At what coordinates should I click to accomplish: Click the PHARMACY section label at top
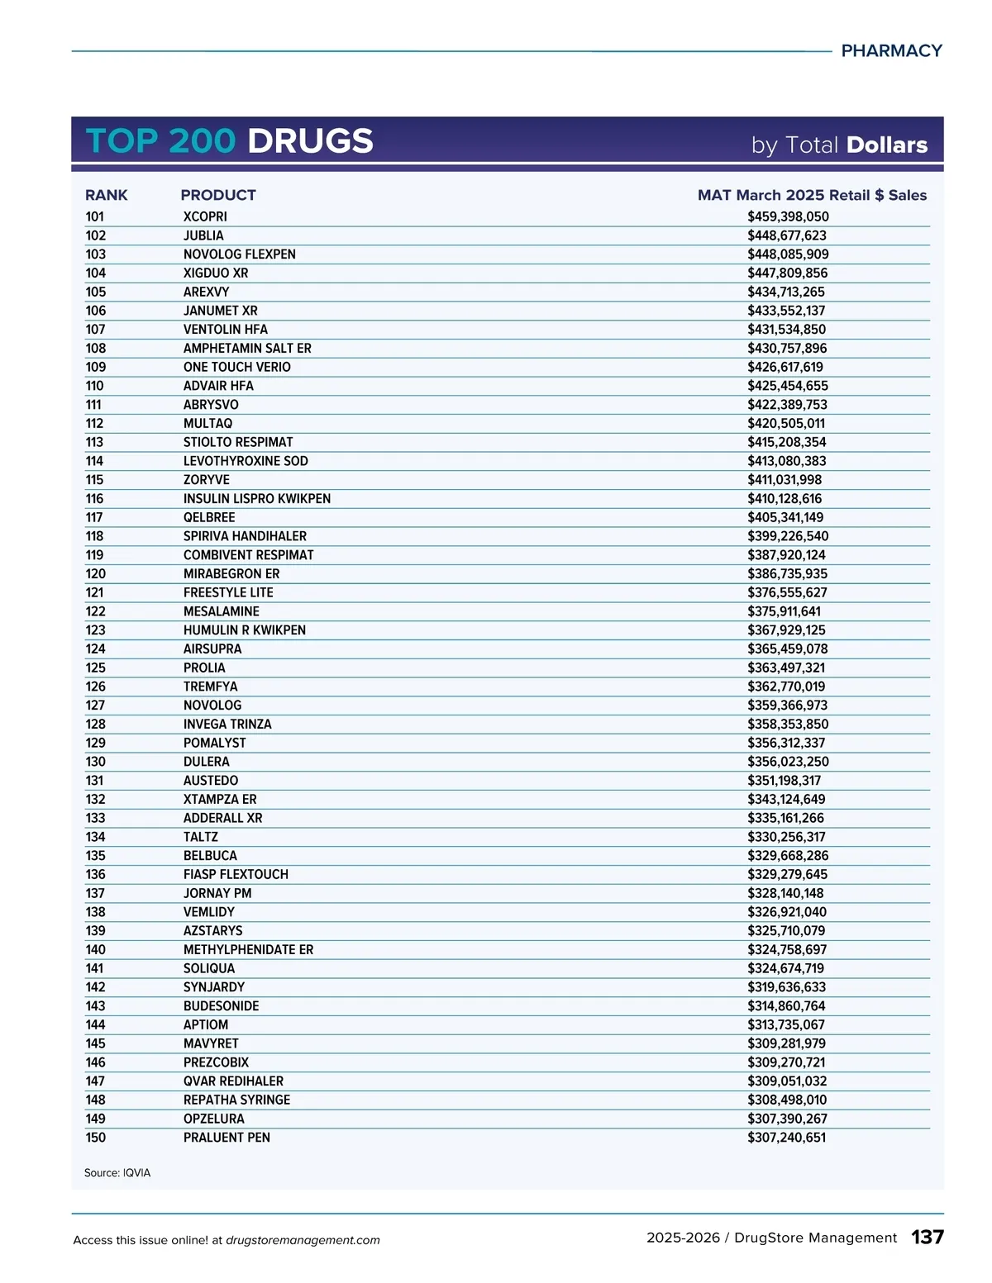[891, 51]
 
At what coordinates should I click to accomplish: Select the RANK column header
[107, 195]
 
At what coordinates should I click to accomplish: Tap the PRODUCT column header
[218, 195]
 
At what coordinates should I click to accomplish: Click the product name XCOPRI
[205, 216]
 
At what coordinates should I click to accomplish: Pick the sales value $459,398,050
[788, 216]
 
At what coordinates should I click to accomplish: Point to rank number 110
[95, 386]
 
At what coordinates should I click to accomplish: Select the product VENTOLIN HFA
[226, 330]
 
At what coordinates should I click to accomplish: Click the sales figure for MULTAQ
[786, 424]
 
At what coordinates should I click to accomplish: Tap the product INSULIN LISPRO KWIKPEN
[257, 499]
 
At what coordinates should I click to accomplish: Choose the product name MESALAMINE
[222, 611]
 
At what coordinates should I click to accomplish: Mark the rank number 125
[96, 668]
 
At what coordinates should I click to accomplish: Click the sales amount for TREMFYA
[786, 687]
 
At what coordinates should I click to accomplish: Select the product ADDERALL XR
[223, 818]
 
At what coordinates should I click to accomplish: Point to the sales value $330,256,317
[786, 837]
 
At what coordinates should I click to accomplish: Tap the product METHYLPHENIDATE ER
[249, 950]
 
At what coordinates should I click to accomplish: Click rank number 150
[96, 1138]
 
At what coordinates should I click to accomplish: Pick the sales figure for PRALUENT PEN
[786, 1138]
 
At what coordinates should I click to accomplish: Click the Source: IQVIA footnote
[117, 1173]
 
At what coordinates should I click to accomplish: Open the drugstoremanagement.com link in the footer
[303, 1240]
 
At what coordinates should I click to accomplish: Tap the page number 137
[928, 1237]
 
